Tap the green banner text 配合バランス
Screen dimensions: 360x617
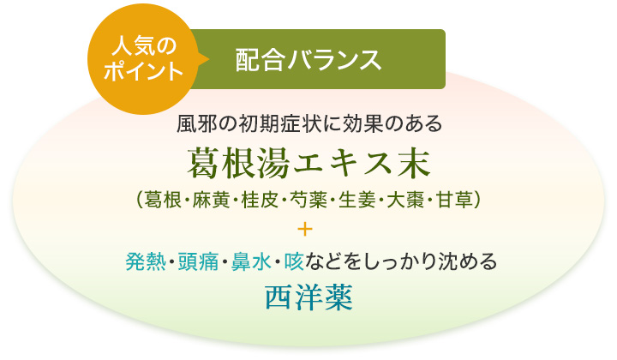[x=308, y=59]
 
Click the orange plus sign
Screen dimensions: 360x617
[x=308, y=230]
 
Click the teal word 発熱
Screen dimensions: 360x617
[x=141, y=260]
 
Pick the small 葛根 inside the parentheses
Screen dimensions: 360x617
[x=159, y=200]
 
